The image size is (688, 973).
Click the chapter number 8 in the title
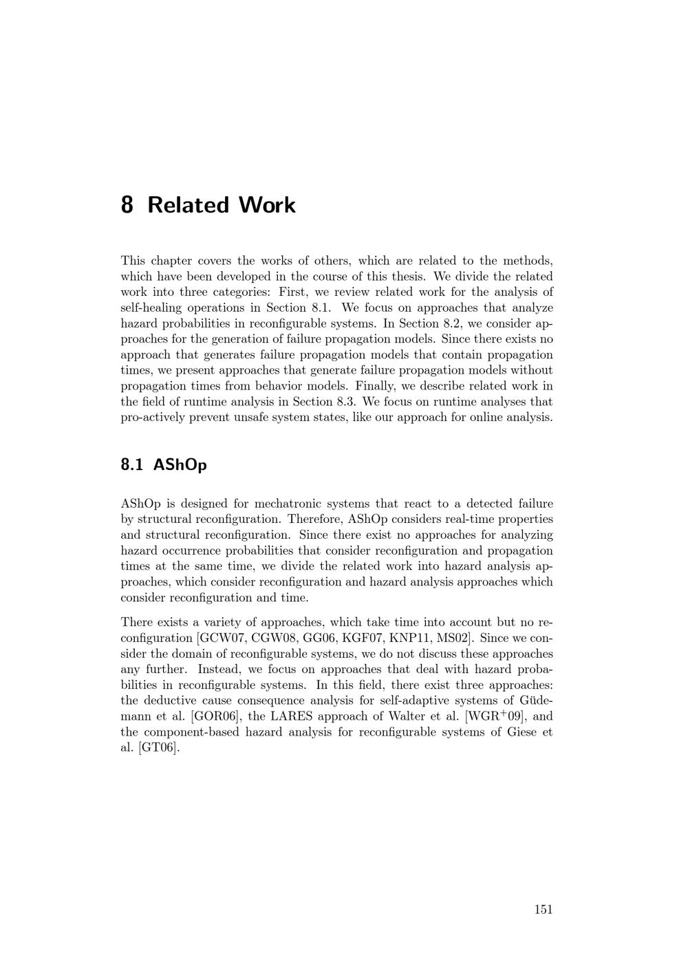127,205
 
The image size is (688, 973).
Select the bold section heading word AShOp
180,465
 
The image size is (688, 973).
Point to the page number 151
543,910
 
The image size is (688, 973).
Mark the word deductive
172,701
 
